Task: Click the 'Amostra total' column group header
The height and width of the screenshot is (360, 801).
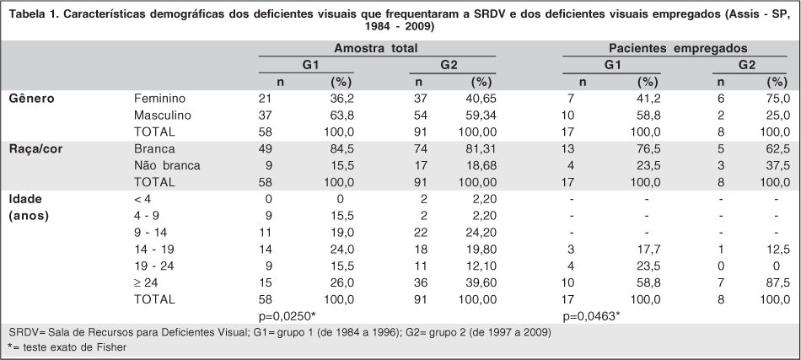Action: tap(376, 49)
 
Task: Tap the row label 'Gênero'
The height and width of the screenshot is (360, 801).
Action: tap(32, 99)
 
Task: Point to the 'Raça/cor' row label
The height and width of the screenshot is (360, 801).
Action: tap(35, 148)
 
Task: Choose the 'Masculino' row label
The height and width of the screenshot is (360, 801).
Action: tap(162, 115)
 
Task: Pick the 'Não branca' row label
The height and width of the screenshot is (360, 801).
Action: tap(167, 165)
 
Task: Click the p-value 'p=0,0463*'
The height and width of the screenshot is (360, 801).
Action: tap(592, 315)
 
